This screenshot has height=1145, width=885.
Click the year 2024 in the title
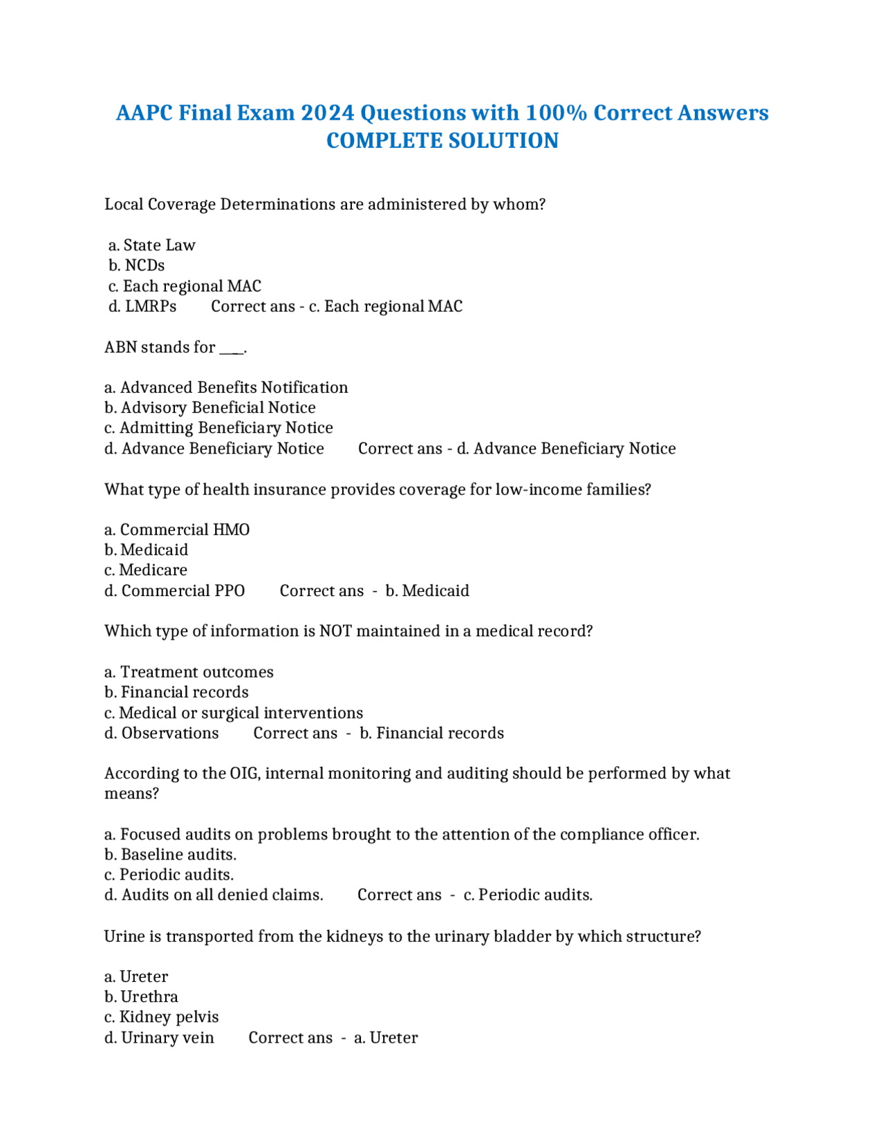pos(327,113)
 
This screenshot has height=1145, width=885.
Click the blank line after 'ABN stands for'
pos(232,348)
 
